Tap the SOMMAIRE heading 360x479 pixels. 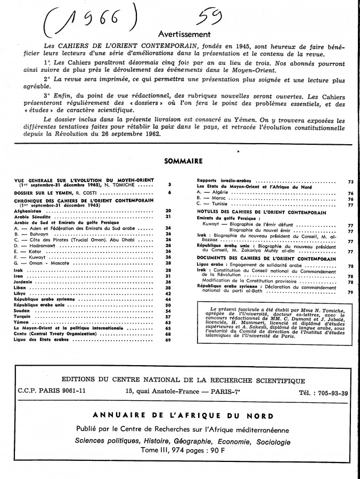179,161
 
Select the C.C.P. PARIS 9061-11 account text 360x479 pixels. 50,393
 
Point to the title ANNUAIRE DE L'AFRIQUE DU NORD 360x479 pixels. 183,416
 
